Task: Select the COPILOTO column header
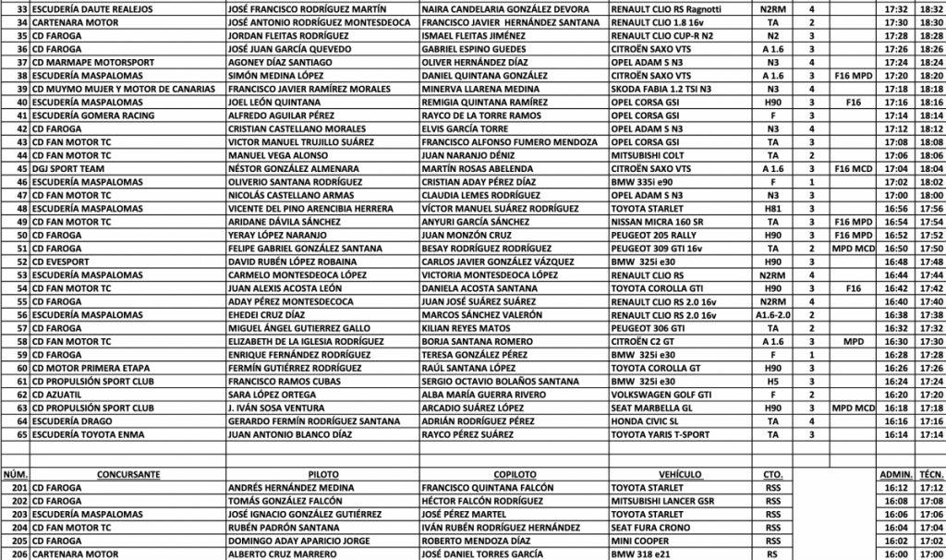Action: pos(514,474)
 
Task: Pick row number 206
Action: pos(16,554)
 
